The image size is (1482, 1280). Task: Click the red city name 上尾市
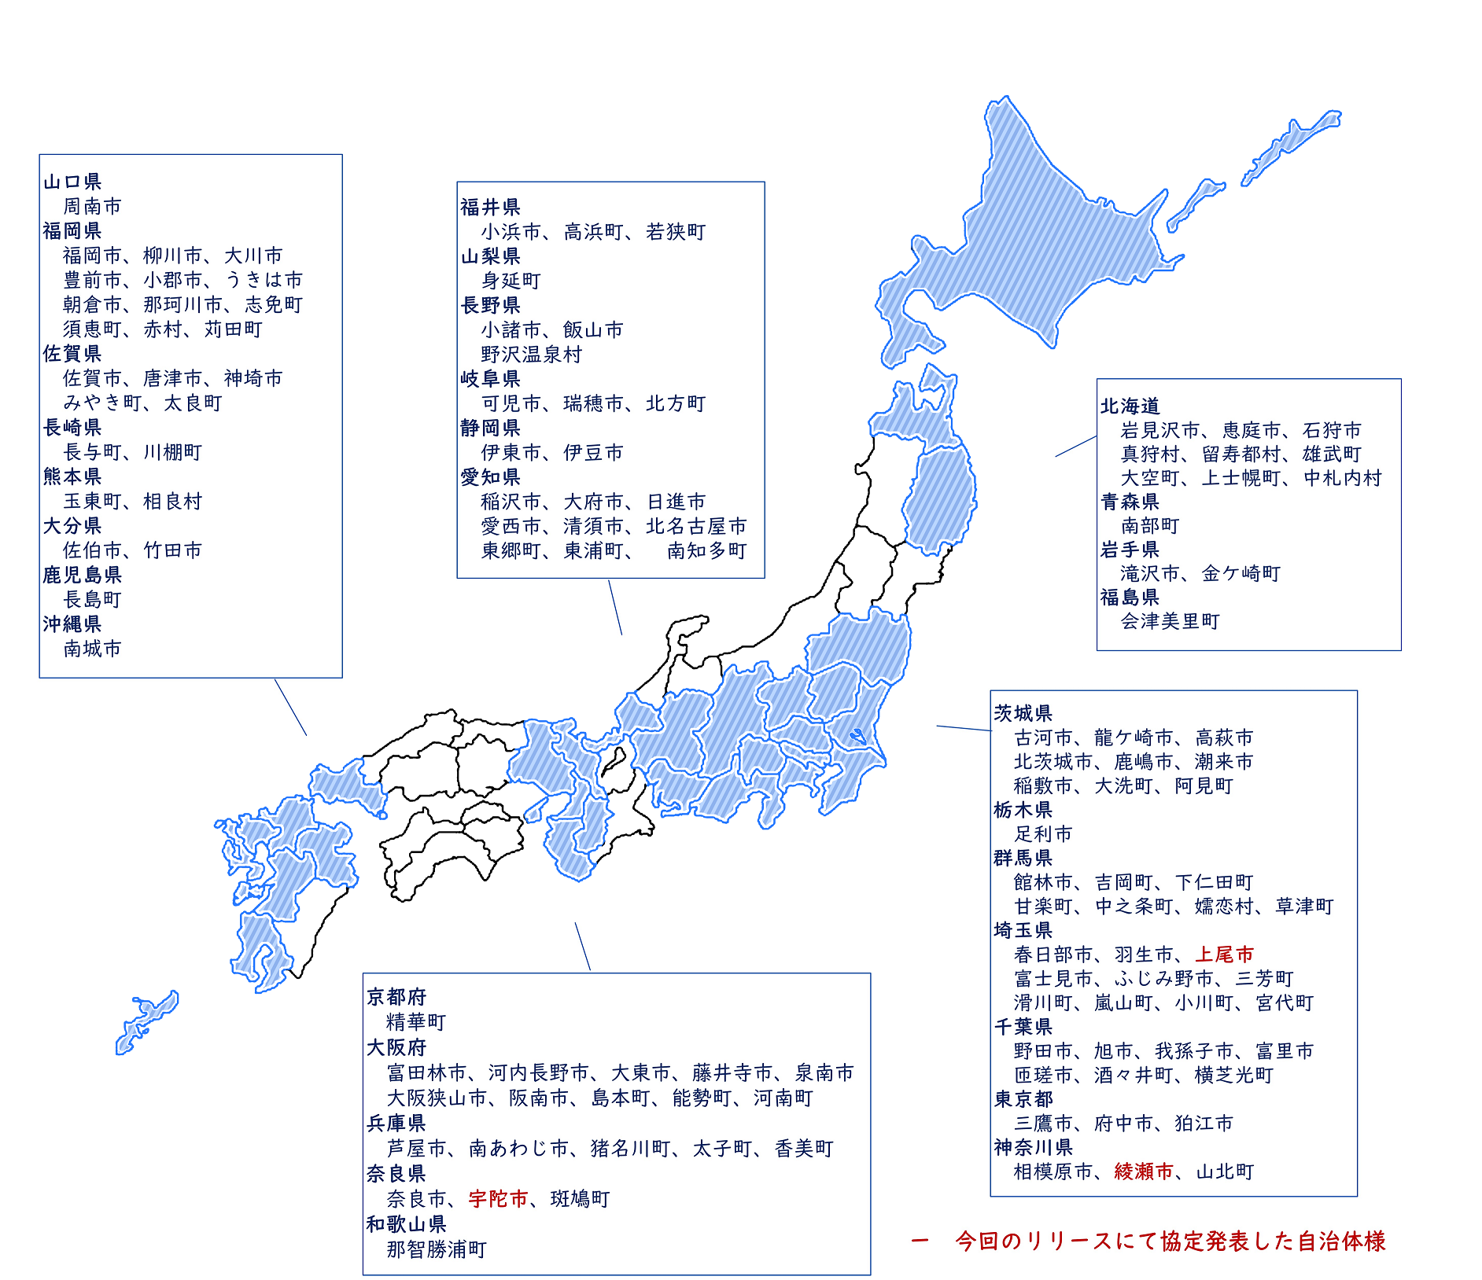point(1224,954)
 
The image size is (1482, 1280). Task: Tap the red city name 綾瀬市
point(1144,1171)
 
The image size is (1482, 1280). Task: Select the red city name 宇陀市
point(498,1199)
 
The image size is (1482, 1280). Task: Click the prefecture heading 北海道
point(1130,406)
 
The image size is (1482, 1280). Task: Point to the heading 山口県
point(72,182)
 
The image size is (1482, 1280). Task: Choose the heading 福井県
point(490,208)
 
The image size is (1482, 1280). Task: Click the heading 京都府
point(396,997)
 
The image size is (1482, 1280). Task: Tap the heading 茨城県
point(1023,713)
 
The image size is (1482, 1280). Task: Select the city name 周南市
point(92,207)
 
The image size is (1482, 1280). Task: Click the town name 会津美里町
point(1170,622)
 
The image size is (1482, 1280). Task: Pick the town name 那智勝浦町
point(437,1249)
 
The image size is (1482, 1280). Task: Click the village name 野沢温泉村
point(532,355)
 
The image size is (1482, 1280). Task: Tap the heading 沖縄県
point(72,624)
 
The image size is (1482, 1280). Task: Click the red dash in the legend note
point(920,1241)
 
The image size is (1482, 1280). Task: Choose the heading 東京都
point(1023,1099)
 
